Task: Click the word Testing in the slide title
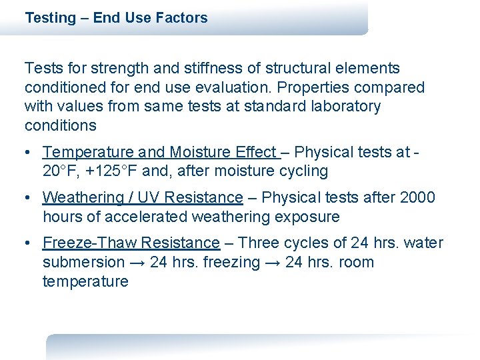point(50,18)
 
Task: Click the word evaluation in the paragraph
point(241,87)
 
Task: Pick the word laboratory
point(347,107)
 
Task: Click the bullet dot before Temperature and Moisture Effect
point(29,153)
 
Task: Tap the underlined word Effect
point(256,152)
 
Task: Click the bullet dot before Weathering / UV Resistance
point(29,198)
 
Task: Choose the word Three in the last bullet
point(257,243)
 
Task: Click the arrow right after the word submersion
point(137,263)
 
